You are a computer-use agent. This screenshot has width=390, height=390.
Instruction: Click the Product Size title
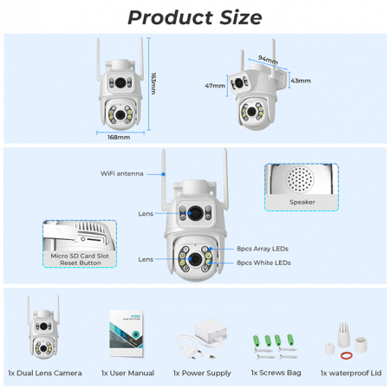tap(194, 16)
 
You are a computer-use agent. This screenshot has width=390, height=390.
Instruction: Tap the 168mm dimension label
tap(119, 137)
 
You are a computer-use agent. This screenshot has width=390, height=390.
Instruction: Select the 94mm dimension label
tap(270, 62)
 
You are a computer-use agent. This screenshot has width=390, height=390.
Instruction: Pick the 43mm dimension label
tap(301, 81)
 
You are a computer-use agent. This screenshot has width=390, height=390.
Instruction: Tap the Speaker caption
tap(302, 201)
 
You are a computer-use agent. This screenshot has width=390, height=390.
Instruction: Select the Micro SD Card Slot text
tap(79, 257)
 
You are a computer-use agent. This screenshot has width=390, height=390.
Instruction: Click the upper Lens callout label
tap(146, 212)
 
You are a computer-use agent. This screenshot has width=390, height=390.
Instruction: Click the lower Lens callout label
tap(146, 259)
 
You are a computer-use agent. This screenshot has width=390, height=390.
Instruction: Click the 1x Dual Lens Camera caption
tap(45, 373)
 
